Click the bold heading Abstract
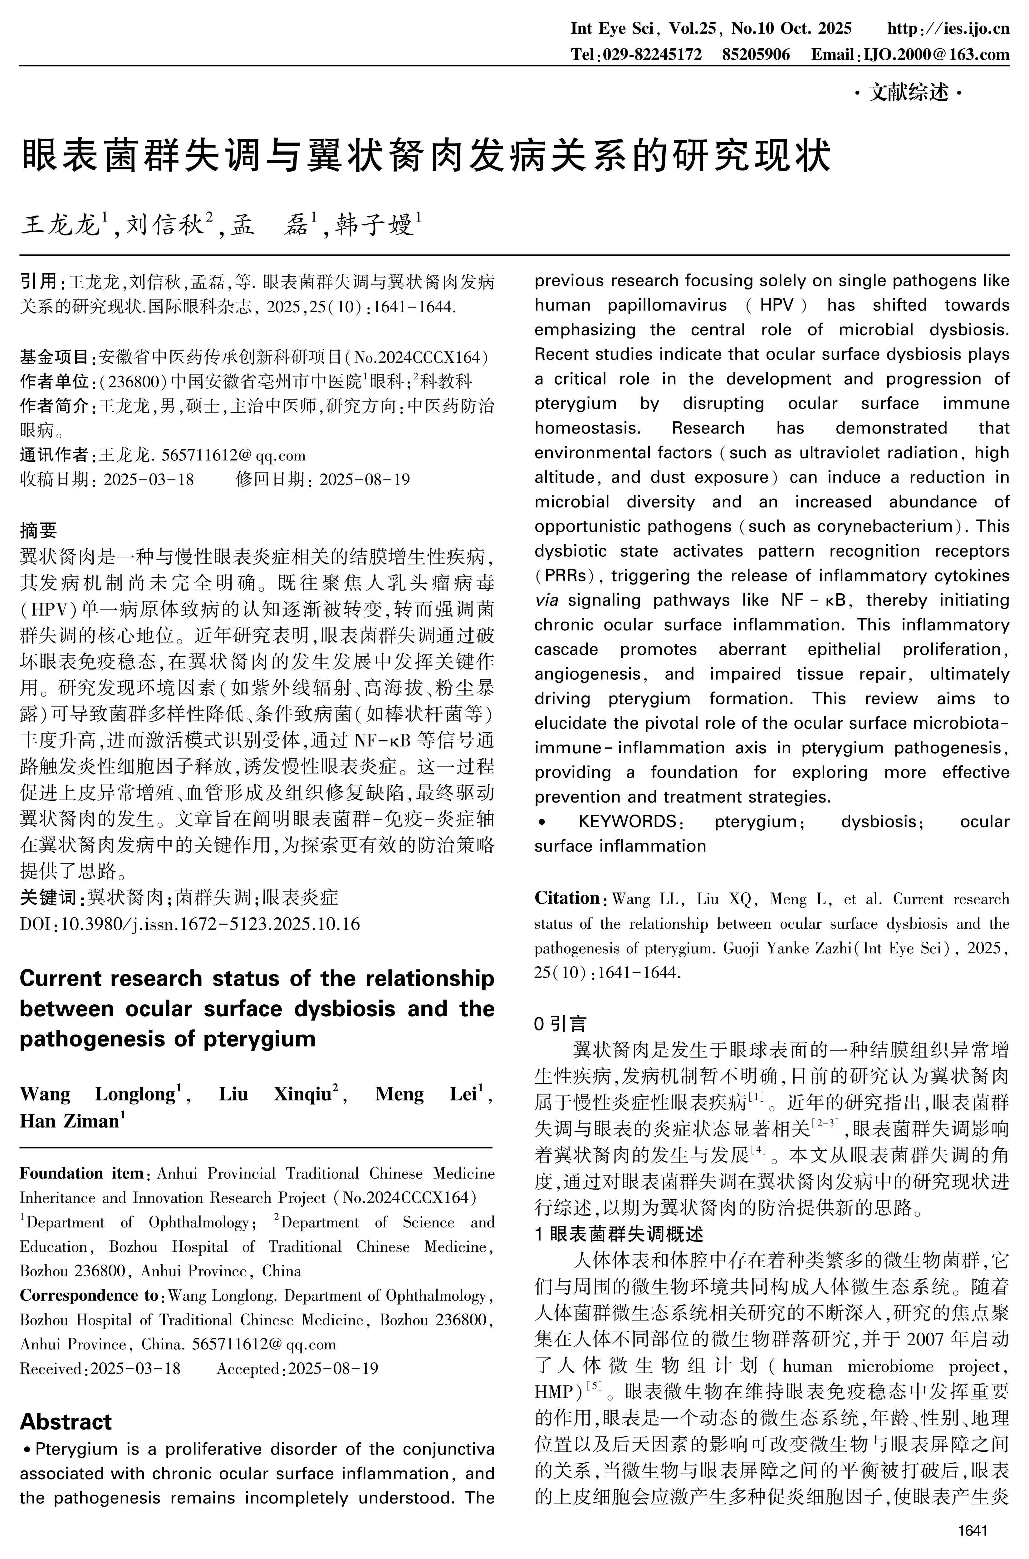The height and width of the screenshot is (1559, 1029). point(66,1422)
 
